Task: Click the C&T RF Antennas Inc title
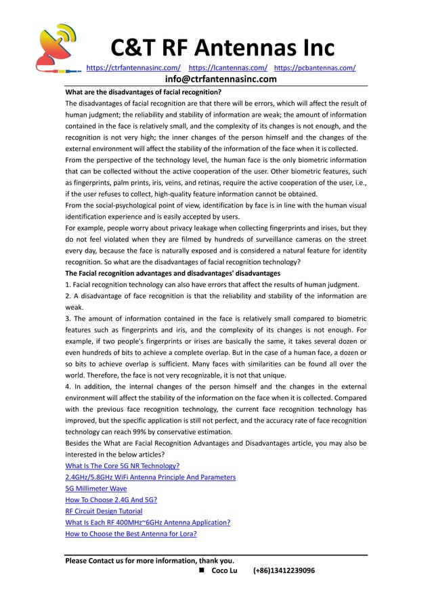click(222, 48)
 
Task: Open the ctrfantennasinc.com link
click(134, 68)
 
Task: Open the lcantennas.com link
click(228, 68)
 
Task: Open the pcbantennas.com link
click(315, 68)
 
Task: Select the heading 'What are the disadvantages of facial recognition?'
click(143, 92)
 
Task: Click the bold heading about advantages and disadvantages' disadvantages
click(172, 273)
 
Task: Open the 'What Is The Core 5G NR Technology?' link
click(122, 466)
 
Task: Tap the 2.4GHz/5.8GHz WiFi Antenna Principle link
click(150, 477)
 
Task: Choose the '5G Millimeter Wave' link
click(95, 488)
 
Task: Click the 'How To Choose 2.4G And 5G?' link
click(111, 500)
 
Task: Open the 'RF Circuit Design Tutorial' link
click(104, 511)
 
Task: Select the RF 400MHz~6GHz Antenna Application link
click(148, 522)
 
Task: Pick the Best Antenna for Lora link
click(131, 534)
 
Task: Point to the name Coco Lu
click(224, 571)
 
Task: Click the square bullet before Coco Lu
click(202, 571)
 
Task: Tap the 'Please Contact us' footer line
click(150, 560)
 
